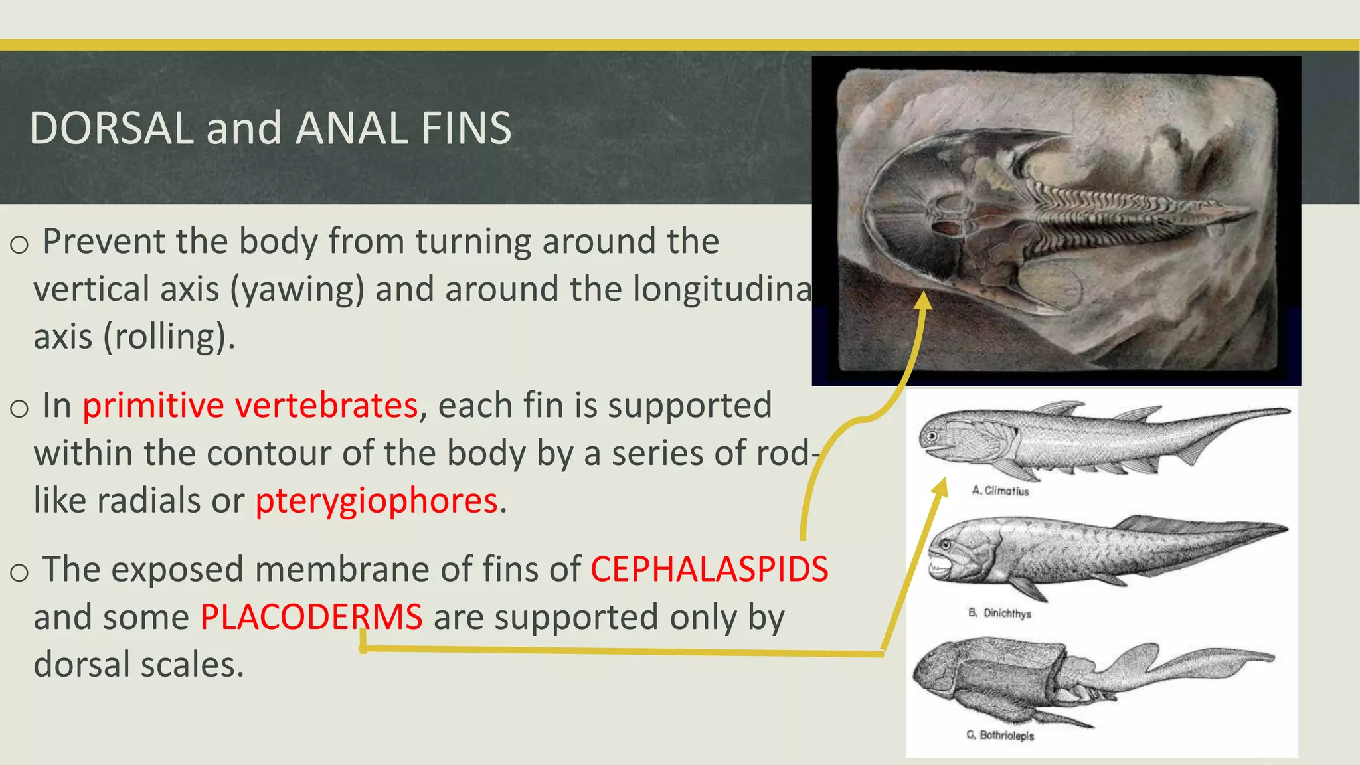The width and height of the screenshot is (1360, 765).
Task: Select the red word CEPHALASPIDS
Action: (709, 570)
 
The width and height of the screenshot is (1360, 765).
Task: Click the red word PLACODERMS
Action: (311, 617)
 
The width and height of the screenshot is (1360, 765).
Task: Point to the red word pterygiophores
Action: (377, 501)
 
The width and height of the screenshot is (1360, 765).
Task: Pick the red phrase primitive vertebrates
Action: (250, 406)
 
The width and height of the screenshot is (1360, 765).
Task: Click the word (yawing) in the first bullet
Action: (297, 290)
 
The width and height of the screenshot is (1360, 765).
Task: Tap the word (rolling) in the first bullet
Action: (169, 337)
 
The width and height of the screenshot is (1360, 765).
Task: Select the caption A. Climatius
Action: (1000, 491)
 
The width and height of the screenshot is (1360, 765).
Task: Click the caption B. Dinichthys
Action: (999, 613)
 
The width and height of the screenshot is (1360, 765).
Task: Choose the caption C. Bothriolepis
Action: (1000, 735)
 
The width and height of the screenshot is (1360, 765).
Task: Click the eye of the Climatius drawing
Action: (932, 436)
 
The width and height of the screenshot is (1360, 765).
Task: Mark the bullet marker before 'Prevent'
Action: (19, 245)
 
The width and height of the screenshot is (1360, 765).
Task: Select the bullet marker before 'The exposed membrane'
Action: (19, 572)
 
